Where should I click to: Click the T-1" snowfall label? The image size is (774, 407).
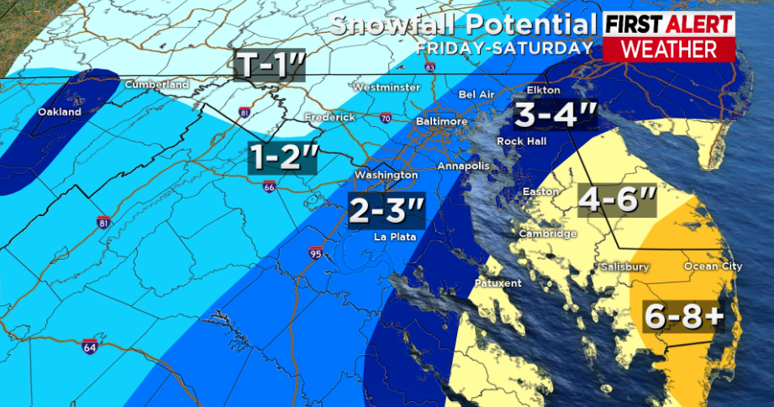[x=269, y=66]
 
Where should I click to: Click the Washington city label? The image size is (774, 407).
[x=386, y=175]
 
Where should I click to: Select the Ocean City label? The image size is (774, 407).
[x=713, y=267]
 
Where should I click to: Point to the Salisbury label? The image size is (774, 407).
[x=624, y=267]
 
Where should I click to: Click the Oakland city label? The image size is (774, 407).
[x=60, y=112]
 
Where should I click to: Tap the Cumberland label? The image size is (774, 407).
[x=155, y=85]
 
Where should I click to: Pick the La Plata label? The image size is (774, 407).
[x=393, y=237]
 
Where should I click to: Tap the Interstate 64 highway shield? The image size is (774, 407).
[x=89, y=346]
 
